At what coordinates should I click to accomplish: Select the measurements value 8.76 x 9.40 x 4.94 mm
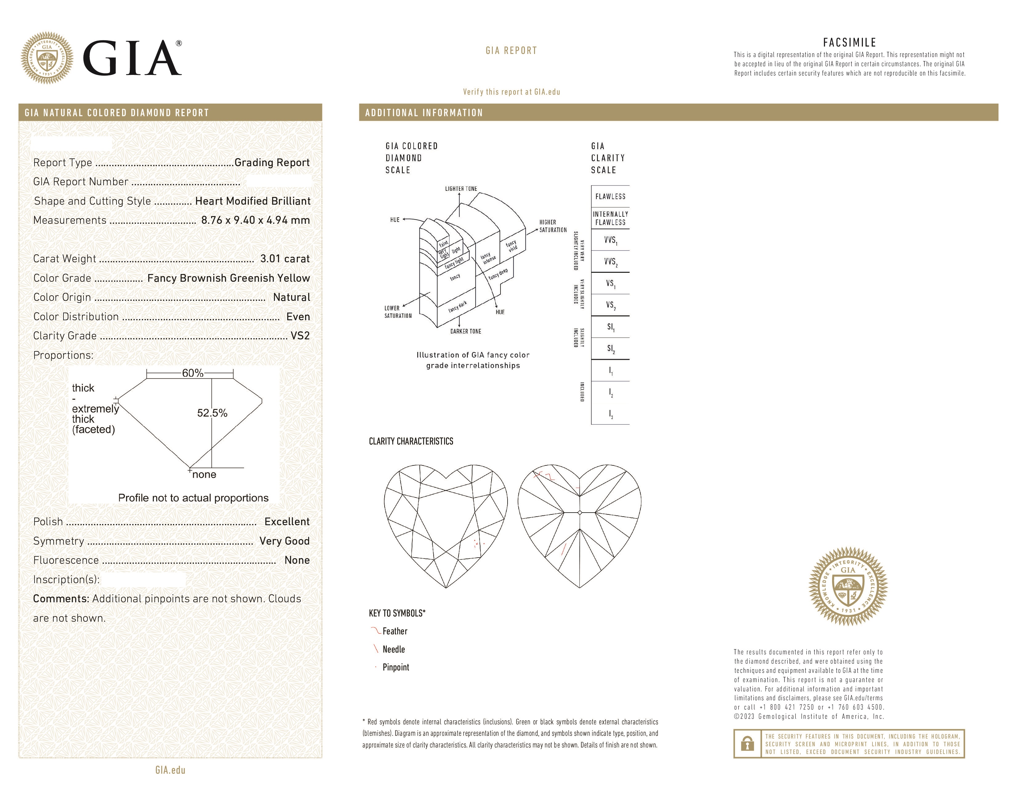pyautogui.click(x=255, y=220)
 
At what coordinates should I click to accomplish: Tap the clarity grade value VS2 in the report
pyautogui.click(x=300, y=336)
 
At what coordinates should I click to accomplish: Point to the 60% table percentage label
pyautogui.click(x=192, y=373)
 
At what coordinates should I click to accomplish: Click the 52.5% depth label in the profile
pyautogui.click(x=212, y=413)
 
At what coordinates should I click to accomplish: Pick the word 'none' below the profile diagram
pyautogui.click(x=204, y=474)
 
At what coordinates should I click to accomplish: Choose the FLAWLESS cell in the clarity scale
pyautogui.click(x=610, y=197)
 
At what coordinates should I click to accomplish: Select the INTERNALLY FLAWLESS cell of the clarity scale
pyautogui.click(x=610, y=218)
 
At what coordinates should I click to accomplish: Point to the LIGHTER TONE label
pyautogui.click(x=460, y=189)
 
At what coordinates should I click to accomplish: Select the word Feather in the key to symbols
pyautogui.click(x=395, y=631)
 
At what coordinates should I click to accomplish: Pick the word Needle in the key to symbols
pyautogui.click(x=394, y=649)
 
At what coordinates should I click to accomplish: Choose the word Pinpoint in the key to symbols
pyautogui.click(x=396, y=667)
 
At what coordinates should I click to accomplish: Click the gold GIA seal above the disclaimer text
pyautogui.click(x=848, y=586)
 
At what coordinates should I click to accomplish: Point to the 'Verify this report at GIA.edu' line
pyautogui.click(x=511, y=92)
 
